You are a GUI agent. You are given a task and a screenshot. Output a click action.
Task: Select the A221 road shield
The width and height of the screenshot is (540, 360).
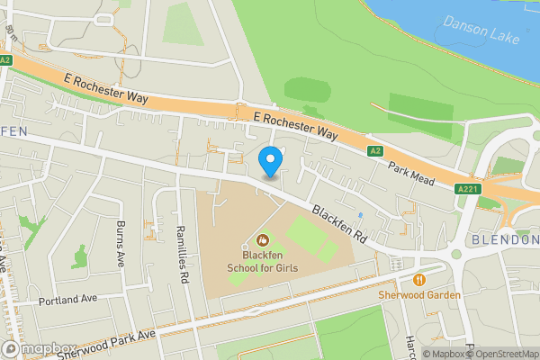coord(466,189)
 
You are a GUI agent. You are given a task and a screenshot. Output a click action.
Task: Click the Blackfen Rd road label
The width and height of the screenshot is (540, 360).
coord(341,224)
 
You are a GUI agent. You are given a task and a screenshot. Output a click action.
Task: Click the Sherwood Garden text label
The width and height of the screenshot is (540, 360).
coord(419,295)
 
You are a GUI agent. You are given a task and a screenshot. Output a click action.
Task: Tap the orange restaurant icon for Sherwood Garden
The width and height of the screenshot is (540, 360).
coord(419,279)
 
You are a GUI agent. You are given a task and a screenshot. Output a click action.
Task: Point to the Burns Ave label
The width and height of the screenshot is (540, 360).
coord(121,245)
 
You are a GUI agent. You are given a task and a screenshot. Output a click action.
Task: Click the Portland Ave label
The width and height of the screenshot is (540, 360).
coord(67,301)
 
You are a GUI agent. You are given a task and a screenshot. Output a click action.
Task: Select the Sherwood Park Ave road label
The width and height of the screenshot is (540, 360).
coord(106,345)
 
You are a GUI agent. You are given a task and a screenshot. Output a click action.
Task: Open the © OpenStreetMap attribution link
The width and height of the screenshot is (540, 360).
coord(501,354)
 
